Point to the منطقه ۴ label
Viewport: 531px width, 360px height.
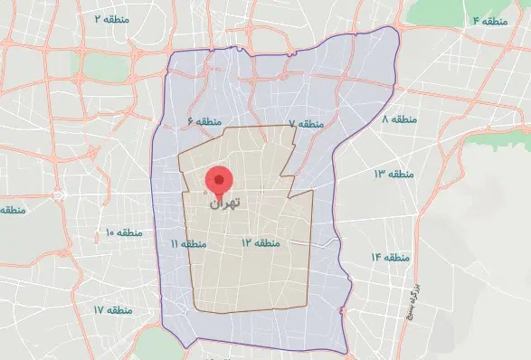tap(487, 19)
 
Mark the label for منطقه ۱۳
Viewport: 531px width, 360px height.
tap(392, 173)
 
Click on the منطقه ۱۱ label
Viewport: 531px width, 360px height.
tap(187, 244)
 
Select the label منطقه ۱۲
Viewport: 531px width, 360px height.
tap(261, 243)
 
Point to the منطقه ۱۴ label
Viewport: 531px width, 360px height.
tap(387, 258)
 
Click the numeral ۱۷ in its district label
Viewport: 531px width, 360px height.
tap(98, 309)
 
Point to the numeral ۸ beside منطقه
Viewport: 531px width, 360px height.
tap(385, 118)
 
